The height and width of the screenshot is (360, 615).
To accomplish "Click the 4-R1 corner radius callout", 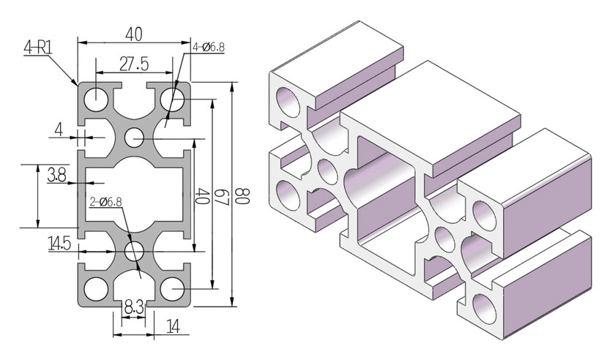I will [x=37, y=48].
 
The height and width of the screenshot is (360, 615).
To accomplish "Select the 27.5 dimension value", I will [x=134, y=64].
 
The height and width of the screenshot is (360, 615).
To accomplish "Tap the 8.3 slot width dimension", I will [x=133, y=308].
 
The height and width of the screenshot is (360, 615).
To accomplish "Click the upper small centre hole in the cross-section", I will [x=134, y=136].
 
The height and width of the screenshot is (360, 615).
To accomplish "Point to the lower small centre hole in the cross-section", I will [x=134, y=252].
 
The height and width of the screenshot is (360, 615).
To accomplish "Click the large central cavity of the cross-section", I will [x=134, y=194].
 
